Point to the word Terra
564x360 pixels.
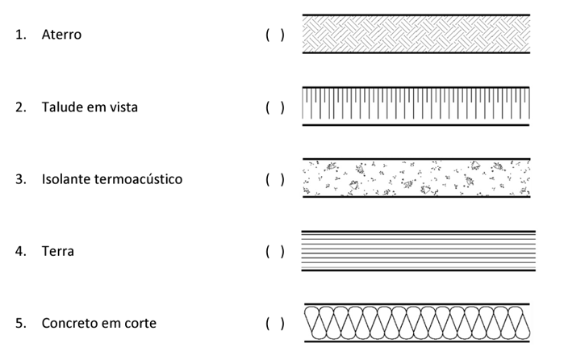58,251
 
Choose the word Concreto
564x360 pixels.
72,323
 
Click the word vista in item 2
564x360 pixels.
122,107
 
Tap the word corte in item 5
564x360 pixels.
140,323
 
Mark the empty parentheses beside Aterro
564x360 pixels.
274,36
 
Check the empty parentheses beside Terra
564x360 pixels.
274,251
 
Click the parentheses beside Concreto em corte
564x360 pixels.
274,323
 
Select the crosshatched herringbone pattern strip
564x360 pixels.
416,34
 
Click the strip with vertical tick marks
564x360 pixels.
416,105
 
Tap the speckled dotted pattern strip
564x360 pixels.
416,178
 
